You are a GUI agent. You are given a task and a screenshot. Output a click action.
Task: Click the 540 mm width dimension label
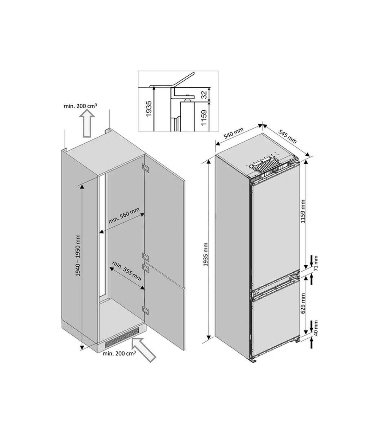click(233, 133)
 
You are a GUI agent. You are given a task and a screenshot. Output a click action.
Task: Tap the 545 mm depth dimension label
click(287, 136)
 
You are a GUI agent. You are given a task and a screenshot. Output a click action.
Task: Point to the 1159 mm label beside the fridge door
click(303, 211)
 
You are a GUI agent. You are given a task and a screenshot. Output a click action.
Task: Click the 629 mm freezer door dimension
click(303, 303)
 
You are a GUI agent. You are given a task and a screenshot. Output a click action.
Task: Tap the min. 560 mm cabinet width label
click(124, 215)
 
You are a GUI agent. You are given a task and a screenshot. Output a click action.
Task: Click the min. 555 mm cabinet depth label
click(127, 271)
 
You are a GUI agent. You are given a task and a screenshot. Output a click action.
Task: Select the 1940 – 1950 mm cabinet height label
click(78, 255)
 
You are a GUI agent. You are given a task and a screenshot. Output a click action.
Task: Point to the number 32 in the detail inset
click(204, 95)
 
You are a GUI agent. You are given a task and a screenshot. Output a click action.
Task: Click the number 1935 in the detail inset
click(149, 108)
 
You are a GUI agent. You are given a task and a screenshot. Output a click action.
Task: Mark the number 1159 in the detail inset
click(204, 118)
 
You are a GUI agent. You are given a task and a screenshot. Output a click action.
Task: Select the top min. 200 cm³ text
click(81, 106)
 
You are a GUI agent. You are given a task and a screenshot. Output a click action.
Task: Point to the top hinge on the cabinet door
click(146, 167)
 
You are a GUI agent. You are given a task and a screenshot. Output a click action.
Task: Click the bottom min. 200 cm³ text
click(119, 354)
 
